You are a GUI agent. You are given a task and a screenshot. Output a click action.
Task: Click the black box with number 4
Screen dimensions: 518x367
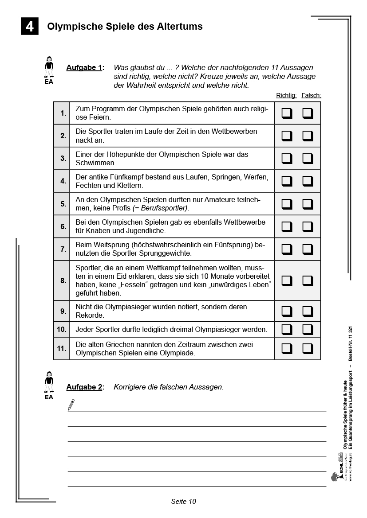[x=30, y=27]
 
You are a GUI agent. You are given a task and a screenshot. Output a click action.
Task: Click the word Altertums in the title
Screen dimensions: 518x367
[x=179, y=27]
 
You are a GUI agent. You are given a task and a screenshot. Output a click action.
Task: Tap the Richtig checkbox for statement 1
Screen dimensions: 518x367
[x=287, y=113]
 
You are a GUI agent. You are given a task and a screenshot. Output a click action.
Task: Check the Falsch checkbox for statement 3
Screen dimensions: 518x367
[x=308, y=159]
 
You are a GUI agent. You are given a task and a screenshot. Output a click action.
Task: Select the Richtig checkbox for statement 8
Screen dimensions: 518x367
[x=287, y=280]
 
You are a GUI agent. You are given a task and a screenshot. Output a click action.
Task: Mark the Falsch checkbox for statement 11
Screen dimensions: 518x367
[x=308, y=349]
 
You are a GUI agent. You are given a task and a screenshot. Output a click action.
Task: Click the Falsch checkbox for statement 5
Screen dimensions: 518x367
[x=308, y=204]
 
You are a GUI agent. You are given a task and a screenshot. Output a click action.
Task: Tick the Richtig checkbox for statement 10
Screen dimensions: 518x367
[x=287, y=329]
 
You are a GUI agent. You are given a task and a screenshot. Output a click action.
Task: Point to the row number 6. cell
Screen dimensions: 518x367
[x=62, y=226]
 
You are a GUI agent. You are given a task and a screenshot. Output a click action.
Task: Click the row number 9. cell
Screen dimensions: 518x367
[x=62, y=311]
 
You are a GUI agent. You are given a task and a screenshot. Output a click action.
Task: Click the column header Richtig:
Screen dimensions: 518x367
[x=286, y=95]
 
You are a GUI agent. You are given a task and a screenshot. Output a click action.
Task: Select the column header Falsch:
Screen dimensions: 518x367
[x=311, y=95]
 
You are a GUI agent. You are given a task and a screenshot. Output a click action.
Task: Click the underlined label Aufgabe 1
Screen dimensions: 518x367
[x=84, y=68]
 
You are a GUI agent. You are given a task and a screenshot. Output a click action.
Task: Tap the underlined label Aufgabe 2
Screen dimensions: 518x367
[x=84, y=387]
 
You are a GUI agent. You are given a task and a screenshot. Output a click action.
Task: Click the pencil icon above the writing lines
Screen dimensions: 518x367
[x=71, y=405]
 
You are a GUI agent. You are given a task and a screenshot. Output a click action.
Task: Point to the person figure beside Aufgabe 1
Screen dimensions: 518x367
[x=49, y=67]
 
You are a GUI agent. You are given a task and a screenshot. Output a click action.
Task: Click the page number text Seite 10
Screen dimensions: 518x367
[x=183, y=502]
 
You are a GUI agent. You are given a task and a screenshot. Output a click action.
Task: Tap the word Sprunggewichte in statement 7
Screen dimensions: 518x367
[x=166, y=253]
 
